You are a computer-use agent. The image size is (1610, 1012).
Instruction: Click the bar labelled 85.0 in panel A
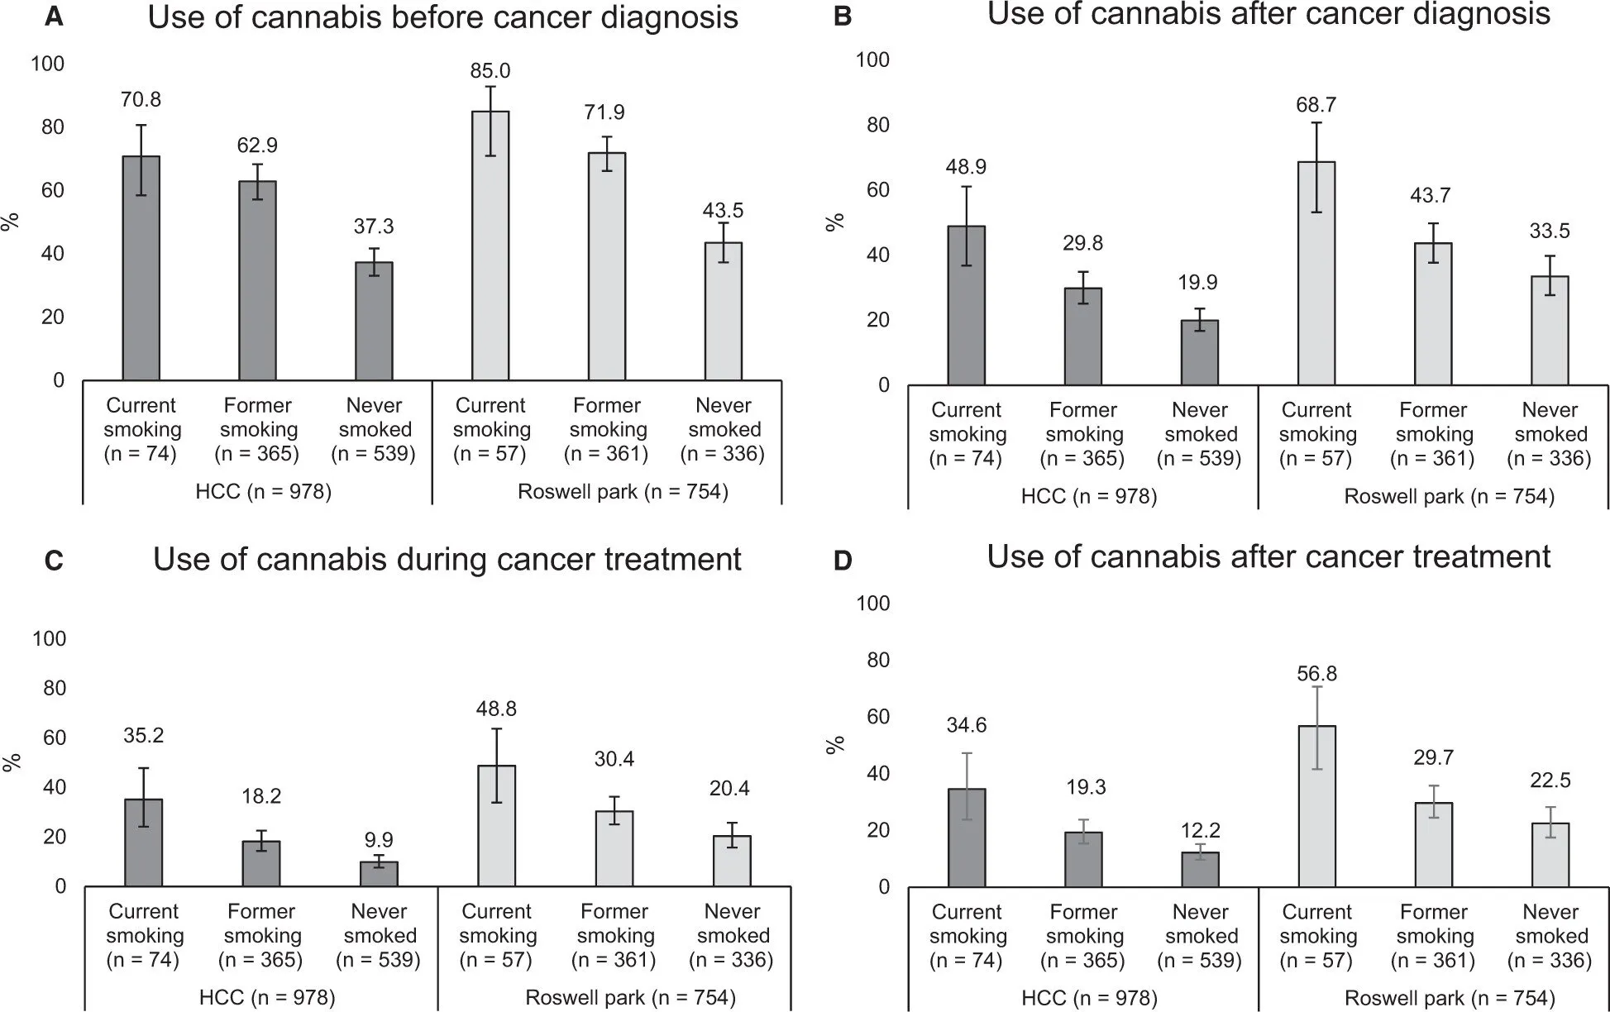pos(490,246)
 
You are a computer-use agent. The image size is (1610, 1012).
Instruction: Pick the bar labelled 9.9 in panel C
pos(379,874)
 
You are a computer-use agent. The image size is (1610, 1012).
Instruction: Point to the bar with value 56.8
pos(1316,806)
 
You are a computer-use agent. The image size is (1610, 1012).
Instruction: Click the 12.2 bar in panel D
pos(1200,870)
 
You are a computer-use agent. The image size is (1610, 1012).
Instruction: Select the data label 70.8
pos(141,100)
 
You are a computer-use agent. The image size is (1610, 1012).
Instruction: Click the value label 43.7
pos(1431,196)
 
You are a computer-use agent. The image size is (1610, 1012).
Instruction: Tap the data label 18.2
pos(261,796)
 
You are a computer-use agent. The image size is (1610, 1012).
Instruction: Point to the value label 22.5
pos(1550,780)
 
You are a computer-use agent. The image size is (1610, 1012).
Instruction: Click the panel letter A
pos(54,17)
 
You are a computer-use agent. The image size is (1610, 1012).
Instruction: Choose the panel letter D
pos(842,561)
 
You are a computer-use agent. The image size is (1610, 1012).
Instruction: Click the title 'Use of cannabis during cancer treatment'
pos(447,560)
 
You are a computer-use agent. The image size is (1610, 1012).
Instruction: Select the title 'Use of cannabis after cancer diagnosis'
pos(1268,14)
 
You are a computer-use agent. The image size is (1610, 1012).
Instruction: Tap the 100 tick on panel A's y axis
pos(48,64)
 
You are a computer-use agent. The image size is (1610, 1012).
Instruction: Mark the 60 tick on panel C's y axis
pos(54,738)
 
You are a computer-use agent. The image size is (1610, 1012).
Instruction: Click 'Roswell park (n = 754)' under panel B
pos(1449,497)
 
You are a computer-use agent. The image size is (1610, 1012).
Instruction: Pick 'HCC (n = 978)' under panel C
pos(267,998)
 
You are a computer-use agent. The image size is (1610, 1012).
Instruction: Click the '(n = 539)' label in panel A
pos(374,454)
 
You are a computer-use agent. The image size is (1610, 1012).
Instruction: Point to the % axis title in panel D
pos(836,744)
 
